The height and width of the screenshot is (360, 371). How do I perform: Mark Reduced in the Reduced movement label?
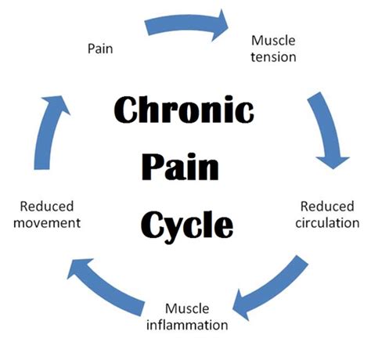[x=47, y=207]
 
